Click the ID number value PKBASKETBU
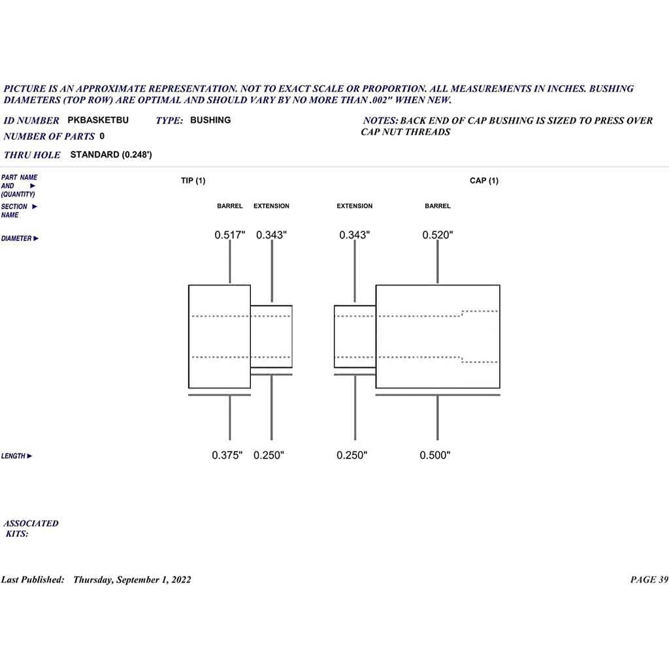(98, 120)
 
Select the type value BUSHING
(210, 120)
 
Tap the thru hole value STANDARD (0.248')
(111, 154)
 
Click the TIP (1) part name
(193, 180)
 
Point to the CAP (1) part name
(484, 180)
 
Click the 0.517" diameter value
(230, 235)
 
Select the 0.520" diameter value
(438, 235)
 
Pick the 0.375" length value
(227, 455)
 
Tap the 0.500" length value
(435, 455)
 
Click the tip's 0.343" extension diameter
(271, 235)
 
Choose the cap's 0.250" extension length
(352, 455)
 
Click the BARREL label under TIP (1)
(230, 206)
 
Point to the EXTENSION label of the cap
(355, 206)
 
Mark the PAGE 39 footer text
(649, 579)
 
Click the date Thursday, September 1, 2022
(132, 579)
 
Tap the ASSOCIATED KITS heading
(31, 528)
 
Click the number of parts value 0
(102, 136)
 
